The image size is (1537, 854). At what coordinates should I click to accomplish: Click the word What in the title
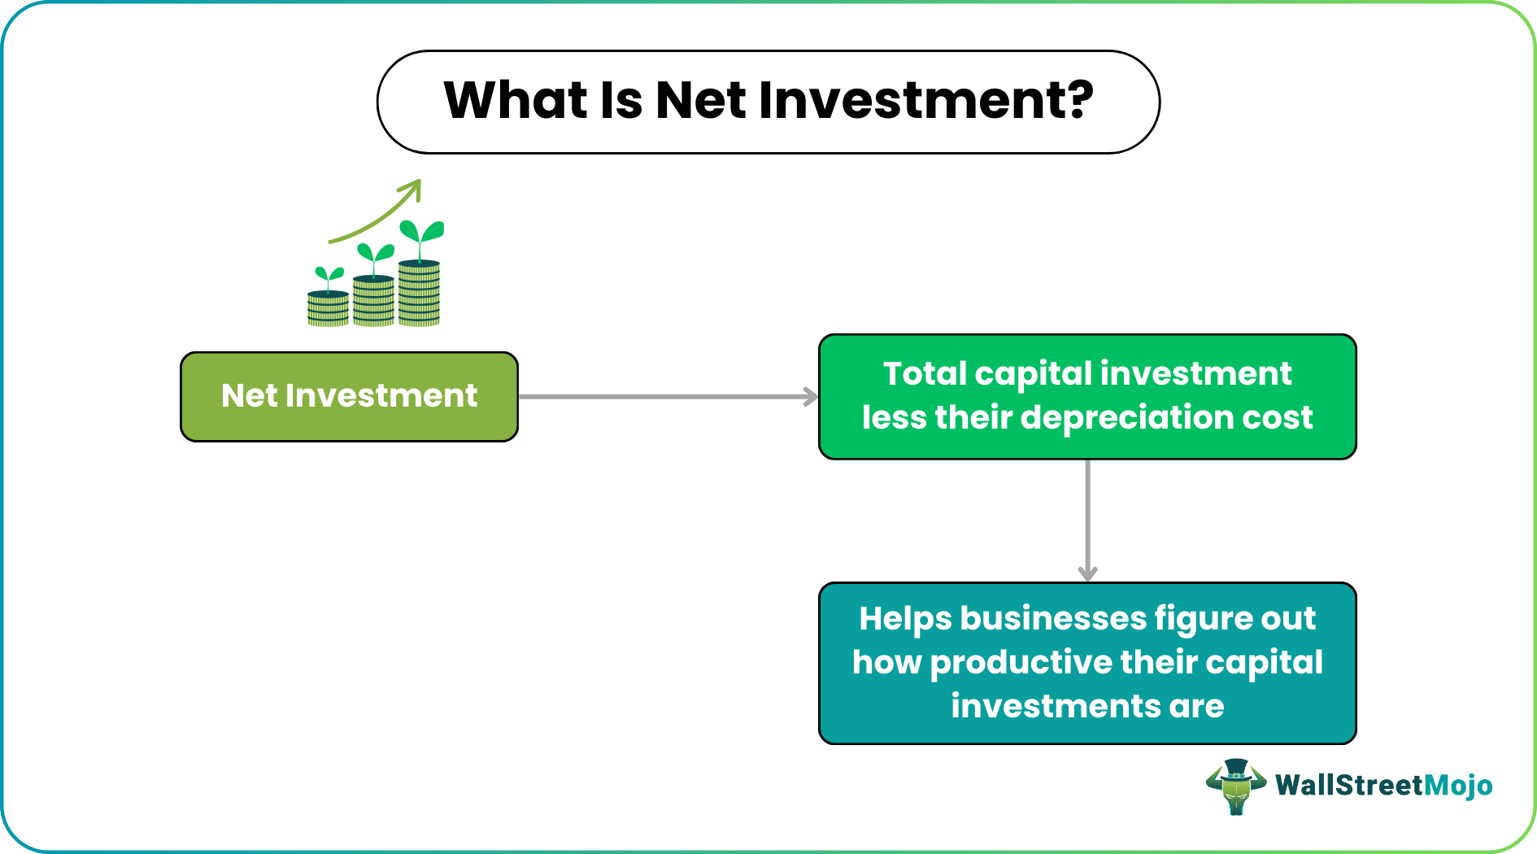[516, 101]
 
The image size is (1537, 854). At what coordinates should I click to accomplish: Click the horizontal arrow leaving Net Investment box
[667, 397]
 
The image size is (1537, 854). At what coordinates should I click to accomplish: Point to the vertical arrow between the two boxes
[1087, 521]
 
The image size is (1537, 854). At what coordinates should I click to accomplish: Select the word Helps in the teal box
[904, 618]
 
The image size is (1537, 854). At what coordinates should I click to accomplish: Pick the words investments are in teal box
[1087, 706]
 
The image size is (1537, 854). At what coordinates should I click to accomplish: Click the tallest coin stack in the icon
[419, 294]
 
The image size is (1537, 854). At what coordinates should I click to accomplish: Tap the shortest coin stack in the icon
[328, 309]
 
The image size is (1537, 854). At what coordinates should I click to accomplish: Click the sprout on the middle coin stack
[375, 257]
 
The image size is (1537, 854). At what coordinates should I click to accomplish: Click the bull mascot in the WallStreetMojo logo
[1235, 786]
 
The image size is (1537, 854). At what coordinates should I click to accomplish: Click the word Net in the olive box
[250, 396]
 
